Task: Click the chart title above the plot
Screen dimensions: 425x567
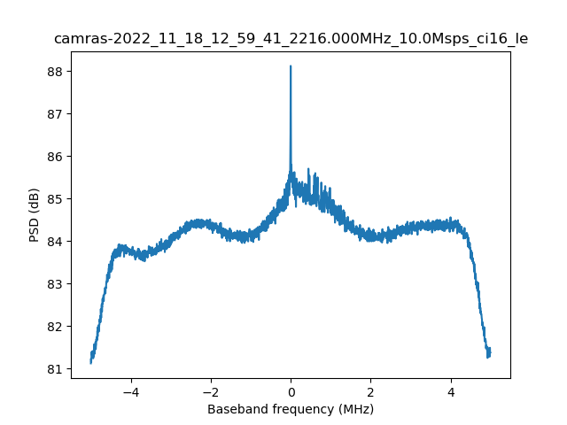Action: click(x=291, y=39)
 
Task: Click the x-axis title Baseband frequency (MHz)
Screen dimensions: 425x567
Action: click(x=291, y=409)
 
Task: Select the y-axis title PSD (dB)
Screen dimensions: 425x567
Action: click(x=35, y=215)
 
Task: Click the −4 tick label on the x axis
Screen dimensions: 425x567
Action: click(x=130, y=391)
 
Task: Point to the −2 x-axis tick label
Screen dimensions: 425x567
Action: click(x=210, y=391)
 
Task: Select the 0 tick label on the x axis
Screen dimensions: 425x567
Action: click(x=291, y=391)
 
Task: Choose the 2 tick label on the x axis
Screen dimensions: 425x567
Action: click(x=370, y=391)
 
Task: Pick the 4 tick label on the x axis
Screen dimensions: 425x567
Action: click(x=451, y=391)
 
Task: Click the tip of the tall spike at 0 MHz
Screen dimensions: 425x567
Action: click(x=291, y=66)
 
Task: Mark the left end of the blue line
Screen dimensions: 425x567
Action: click(x=91, y=362)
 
